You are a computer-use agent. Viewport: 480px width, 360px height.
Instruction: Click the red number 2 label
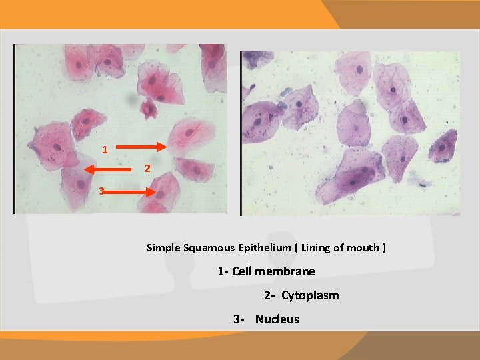147,169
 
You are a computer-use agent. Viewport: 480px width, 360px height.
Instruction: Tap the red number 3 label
101,191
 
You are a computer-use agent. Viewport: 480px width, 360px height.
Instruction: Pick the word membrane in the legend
288,271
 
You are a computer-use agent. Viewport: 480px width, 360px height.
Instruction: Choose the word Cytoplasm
310,295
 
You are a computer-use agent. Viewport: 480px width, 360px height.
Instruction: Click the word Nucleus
277,319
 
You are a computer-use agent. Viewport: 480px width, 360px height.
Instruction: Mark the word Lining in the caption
315,248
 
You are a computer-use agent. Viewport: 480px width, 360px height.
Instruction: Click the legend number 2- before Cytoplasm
269,295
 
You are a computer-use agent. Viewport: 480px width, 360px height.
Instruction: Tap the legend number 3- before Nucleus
239,319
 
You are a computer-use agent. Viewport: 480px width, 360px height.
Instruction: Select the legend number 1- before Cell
223,271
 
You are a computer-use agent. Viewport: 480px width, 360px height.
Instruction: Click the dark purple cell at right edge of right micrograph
443,146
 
